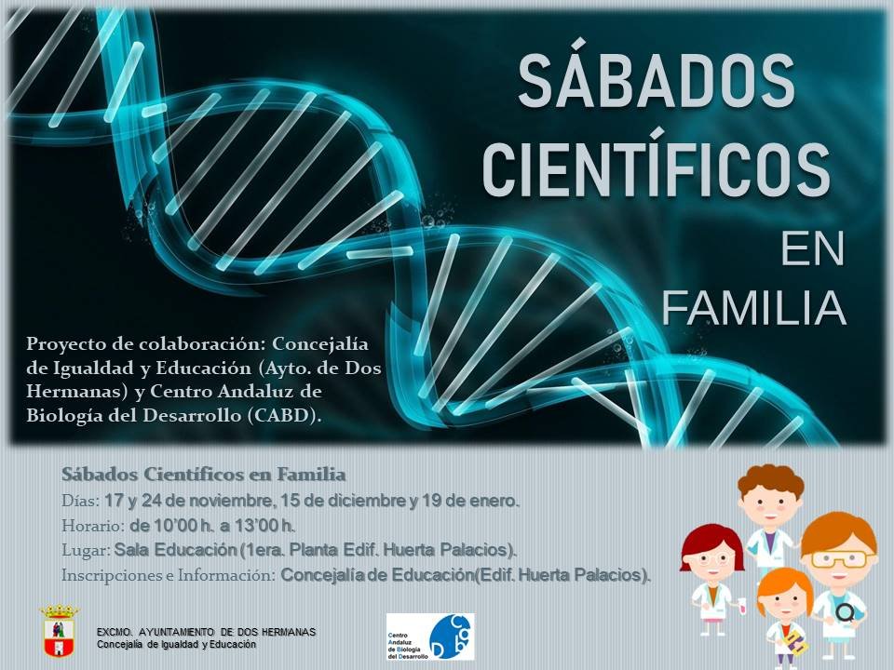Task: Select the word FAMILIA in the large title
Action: pyautogui.click(x=753, y=308)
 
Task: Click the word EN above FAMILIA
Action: pyautogui.click(x=813, y=249)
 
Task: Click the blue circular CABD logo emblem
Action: pyautogui.click(x=451, y=636)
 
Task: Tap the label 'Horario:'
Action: pyautogui.click(x=93, y=525)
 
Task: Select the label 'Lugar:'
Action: pyautogui.click(x=86, y=550)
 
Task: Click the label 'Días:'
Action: pyautogui.click(x=81, y=502)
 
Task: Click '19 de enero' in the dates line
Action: pyautogui.click(x=469, y=502)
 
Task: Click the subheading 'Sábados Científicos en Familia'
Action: pyautogui.click(x=204, y=474)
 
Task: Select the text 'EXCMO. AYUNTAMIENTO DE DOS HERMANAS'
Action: pyautogui.click(x=206, y=632)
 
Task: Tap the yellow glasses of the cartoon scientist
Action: pyautogui.click(x=839, y=559)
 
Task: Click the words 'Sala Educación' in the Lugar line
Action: pyautogui.click(x=175, y=550)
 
